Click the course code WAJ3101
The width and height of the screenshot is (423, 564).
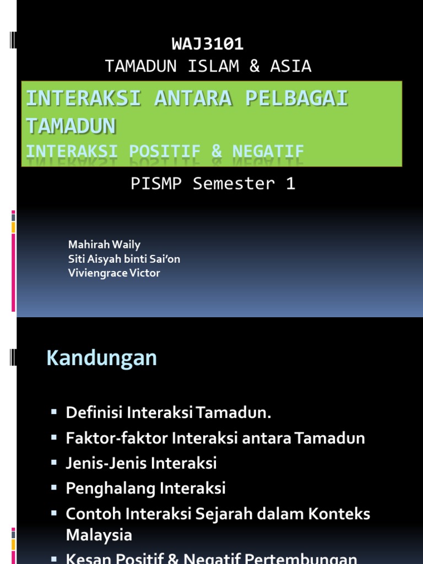click(x=208, y=44)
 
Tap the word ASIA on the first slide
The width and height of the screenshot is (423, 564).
click(x=291, y=66)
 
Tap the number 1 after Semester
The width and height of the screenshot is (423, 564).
click(x=290, y=184)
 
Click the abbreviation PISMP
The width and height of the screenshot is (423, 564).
click(x=156, y=184)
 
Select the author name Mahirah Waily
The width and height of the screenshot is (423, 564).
click(x=104, y=244)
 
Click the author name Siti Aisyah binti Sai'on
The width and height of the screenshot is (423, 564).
click(x=124, y=258)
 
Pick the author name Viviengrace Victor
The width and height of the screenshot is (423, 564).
click(x=114, y=273)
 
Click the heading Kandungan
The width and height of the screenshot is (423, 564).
click(x=102, y=359)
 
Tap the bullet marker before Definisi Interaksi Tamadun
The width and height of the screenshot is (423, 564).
click(x=54, y=411)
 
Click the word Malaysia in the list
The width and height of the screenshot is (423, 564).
click(x=99, y=535)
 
